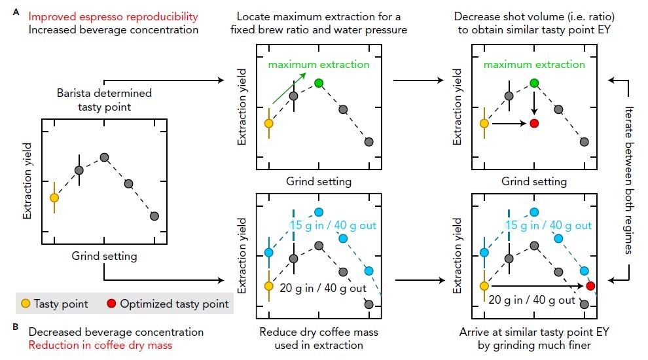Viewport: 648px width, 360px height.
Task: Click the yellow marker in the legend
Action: (x=25, y=304)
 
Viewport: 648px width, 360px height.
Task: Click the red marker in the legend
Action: (x=111, y=304)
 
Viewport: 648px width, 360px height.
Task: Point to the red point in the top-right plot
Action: (x=534, y=123)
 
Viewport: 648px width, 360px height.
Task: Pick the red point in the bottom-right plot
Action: (x=590, y=285)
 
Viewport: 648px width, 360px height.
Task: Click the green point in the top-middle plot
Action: (x=319, y=83)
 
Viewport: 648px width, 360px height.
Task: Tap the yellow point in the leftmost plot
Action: (x=54, y=197)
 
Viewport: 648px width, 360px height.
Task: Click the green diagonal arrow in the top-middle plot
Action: (x=288, y=89)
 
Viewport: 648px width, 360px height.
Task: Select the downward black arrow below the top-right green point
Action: (x=534, y=103)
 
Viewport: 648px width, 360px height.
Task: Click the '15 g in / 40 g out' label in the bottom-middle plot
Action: (x=333, y=225)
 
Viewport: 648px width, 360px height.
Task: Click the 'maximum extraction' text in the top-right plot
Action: (x=534, y=65)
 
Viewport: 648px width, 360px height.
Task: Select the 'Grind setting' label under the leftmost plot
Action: (x=105, y=256)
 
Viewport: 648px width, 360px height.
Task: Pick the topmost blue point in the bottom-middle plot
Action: (x=319, y=211)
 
